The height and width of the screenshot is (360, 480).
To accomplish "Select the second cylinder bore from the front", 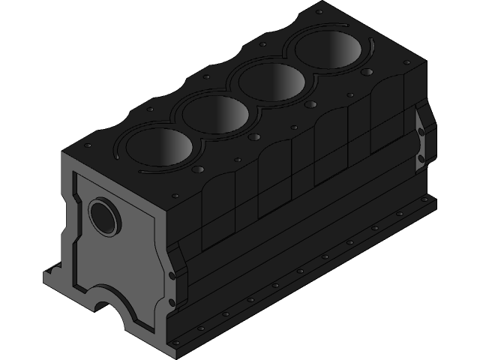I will (211, 115).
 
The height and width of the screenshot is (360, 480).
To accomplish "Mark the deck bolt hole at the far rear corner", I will (321, 12).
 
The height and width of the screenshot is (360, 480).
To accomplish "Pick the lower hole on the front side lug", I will (175, 303).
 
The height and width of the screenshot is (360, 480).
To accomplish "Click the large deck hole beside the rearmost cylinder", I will (367, 72).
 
